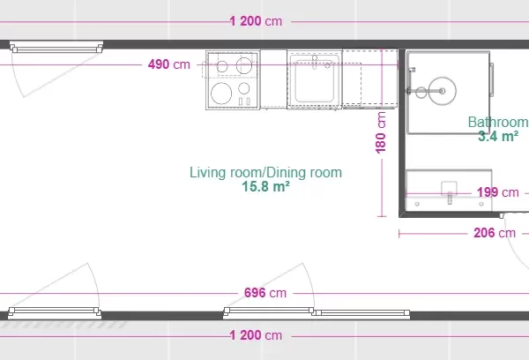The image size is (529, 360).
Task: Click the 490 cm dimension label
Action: point(169,64)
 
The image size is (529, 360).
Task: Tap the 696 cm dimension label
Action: point(265,292)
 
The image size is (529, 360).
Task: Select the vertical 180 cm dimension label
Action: point(381,132)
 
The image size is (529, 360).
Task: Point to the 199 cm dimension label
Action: point(497,192)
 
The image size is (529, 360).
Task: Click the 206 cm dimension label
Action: point(495,233)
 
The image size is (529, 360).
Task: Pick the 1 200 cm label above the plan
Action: point(256,21)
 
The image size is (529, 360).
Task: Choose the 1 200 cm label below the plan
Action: point(256,335)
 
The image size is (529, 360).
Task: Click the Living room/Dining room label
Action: point(266,172)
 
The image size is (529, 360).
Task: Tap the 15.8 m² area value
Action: point(266,186)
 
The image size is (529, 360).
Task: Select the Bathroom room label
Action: point(498,122)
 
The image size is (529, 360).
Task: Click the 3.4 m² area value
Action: point(498,136)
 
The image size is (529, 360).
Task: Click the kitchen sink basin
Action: point(315,81)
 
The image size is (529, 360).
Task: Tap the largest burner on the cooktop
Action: point(221,93)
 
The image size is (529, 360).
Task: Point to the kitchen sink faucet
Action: point(315,62)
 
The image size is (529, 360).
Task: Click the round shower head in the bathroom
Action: point(442,91)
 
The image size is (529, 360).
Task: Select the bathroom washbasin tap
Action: point(450,198)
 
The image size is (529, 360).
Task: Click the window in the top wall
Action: point(56,48)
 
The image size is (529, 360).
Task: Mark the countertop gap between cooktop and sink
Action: point(273,79)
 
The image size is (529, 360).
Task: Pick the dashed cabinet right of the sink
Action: point(369,79)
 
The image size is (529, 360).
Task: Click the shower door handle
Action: point(492,79)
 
